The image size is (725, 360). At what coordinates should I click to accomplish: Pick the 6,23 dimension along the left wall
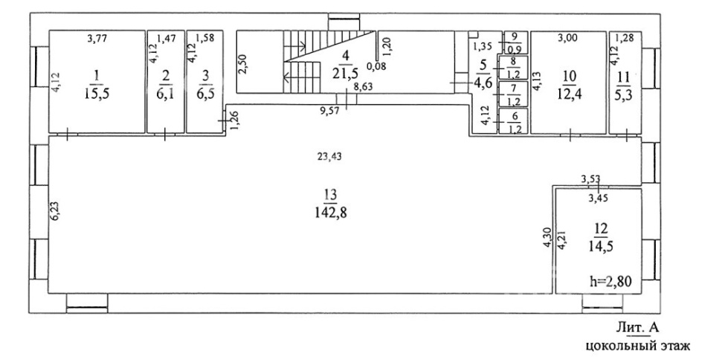tap(54, 212)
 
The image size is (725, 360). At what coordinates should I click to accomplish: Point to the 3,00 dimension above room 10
tap(568, 35)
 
